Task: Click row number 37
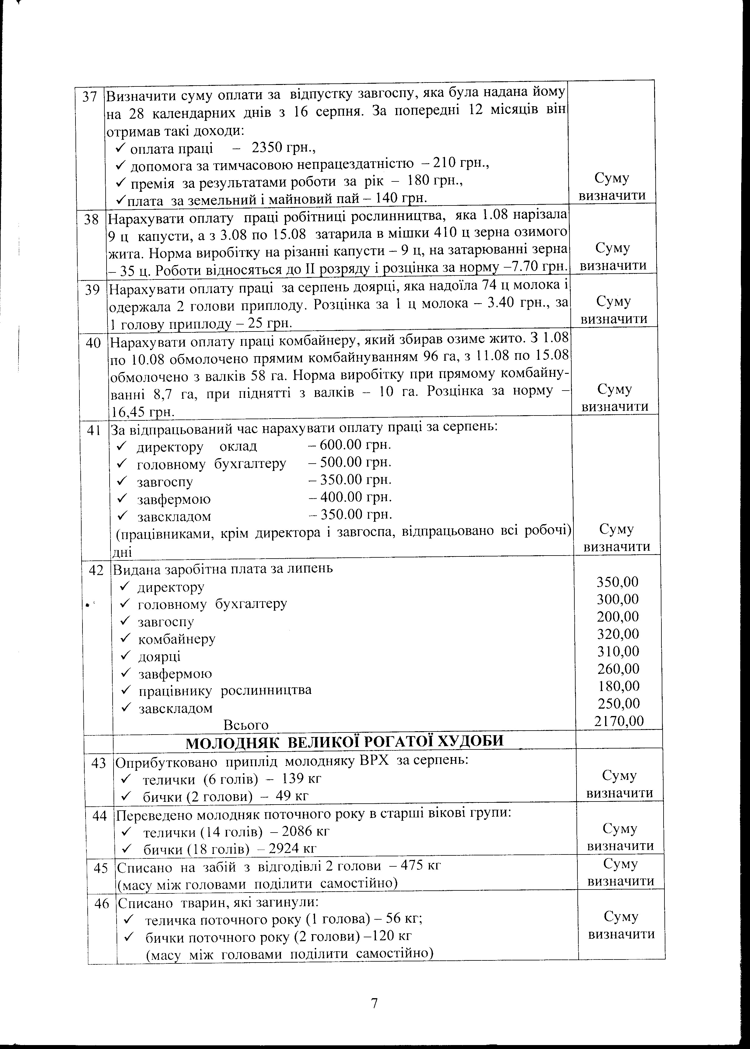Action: coord(89,96)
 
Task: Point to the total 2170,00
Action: coord(619,721)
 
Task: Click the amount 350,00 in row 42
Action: coord(618,581)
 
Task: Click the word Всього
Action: coord(246,725)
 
